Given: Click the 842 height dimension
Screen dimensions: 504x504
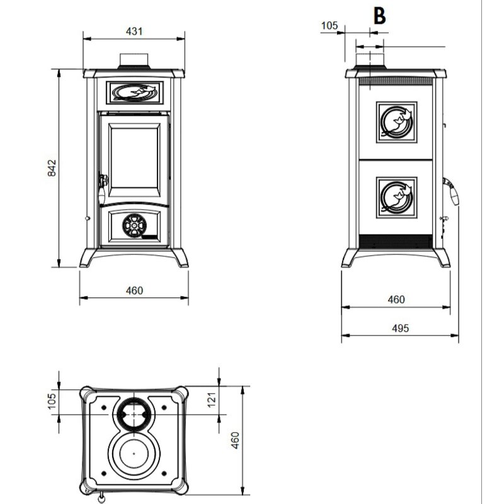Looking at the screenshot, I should point(53,168).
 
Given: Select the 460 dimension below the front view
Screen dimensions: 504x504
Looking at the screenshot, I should point(135,290).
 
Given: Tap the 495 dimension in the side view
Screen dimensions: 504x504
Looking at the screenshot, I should point(400,328).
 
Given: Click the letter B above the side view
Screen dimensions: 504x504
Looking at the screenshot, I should point(379,17).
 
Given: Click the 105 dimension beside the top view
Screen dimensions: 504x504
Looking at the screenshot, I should point(53,399).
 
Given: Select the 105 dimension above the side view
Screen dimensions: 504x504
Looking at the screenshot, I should point(329,26).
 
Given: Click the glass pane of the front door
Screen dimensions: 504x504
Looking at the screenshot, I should point(135,152).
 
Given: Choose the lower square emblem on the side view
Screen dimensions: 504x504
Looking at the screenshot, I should point(396,197).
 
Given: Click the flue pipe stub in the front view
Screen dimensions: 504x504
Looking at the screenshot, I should point(135,60).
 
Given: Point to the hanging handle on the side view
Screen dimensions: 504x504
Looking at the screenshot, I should point(454,192).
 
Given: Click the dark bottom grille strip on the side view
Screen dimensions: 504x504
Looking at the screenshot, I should point(395,241).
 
